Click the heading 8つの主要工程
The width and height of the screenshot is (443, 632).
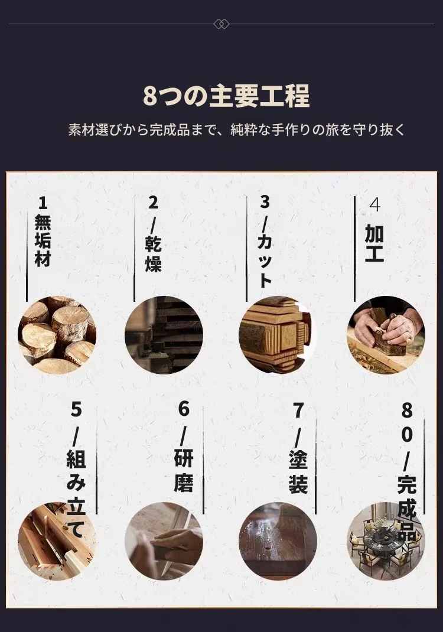[226, 96]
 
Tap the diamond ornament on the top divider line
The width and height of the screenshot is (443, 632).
[221, 24]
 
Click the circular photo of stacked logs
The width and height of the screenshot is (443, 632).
[57, 335]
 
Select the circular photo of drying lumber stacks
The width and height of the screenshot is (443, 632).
[164, 335]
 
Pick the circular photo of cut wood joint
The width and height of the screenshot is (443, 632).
[278, 335]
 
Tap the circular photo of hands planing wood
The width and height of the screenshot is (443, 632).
[386, 335]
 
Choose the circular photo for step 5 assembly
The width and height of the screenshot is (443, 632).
[57, 541]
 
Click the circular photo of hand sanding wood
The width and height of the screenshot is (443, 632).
[164, 541]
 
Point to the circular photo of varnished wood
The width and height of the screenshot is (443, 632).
[278, 541]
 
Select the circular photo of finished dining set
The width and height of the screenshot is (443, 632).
[386, 541]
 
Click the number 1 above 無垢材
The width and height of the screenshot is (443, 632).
[43, 203]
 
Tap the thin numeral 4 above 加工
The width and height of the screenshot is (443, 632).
[374, 205]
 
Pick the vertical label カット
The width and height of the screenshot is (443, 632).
[265, 260]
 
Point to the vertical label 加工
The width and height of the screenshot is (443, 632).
[374, 243]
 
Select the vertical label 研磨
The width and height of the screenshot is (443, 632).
[184, 470]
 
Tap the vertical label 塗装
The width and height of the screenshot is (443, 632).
[298, 471]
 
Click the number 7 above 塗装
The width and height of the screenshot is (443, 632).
[298, 411]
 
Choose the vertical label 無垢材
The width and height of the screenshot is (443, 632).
[43, 240]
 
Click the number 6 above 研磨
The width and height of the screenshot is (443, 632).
[184, 409]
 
